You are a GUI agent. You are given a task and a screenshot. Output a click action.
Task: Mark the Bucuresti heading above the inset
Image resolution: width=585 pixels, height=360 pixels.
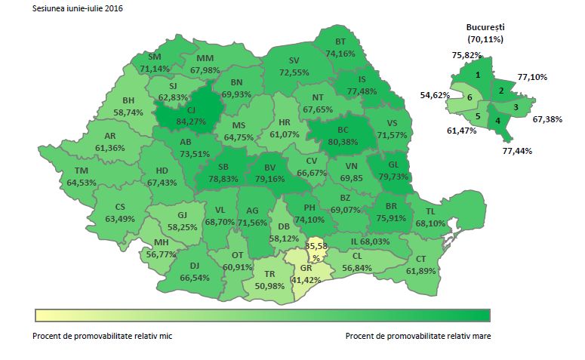pyautogui.click(x=485, y=26)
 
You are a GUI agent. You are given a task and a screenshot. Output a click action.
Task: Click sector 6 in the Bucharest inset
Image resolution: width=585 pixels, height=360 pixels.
pyautogui.click(x=470, y=98)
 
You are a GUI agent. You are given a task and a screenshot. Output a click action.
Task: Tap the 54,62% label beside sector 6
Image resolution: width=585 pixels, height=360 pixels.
pyautogui.click(x=435, y=95)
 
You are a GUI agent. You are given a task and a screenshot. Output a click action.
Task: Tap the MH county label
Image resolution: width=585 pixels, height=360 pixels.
pyautogui.click(x=161, y=242)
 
